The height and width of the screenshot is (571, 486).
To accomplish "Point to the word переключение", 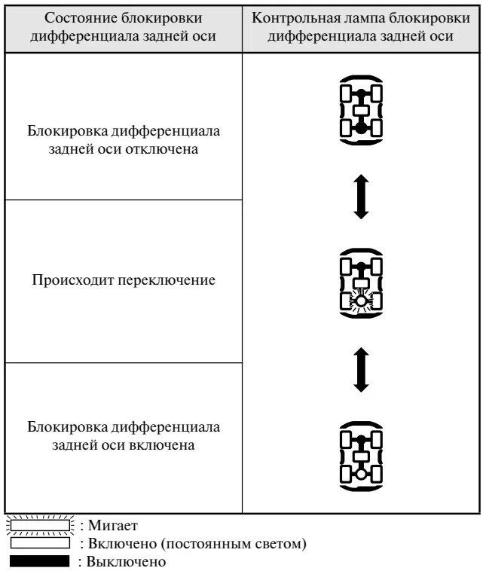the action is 166,280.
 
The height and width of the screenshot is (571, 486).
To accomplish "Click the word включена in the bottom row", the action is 163,445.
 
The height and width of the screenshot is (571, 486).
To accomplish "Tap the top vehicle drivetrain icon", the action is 361,110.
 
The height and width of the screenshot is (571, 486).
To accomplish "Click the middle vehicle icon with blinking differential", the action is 361,283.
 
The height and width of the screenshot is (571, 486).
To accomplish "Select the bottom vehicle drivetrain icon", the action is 361,456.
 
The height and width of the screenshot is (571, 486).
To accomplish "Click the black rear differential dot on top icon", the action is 361,128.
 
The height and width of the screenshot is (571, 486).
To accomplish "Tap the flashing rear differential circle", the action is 361,301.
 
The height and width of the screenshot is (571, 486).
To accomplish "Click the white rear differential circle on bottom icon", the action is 361,474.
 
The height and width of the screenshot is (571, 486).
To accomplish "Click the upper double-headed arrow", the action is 361,197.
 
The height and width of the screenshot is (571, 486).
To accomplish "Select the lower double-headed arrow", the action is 361,370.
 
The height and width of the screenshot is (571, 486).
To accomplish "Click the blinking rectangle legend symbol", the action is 40,526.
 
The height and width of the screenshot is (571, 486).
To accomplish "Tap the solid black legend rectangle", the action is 39,561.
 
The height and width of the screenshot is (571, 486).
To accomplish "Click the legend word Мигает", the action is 113,526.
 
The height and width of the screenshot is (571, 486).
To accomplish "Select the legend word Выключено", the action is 126,561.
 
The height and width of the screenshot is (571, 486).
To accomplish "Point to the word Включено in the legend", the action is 122,543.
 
